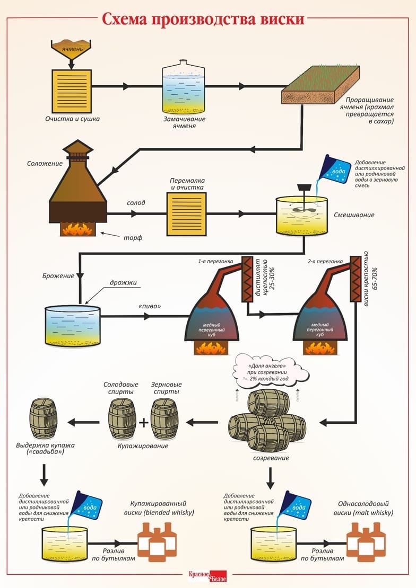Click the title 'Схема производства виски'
pos(203,19)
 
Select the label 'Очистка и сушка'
pos(72,119)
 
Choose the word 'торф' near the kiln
pos(136,237)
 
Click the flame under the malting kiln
pos(79,229)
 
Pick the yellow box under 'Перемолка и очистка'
pos(187,214)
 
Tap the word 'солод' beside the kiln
pos(136,203)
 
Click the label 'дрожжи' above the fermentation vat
pos(124,282)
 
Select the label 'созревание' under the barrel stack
pos(271,458)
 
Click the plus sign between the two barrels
pos(142,422)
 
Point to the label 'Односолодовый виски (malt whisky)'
pos(365,509)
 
